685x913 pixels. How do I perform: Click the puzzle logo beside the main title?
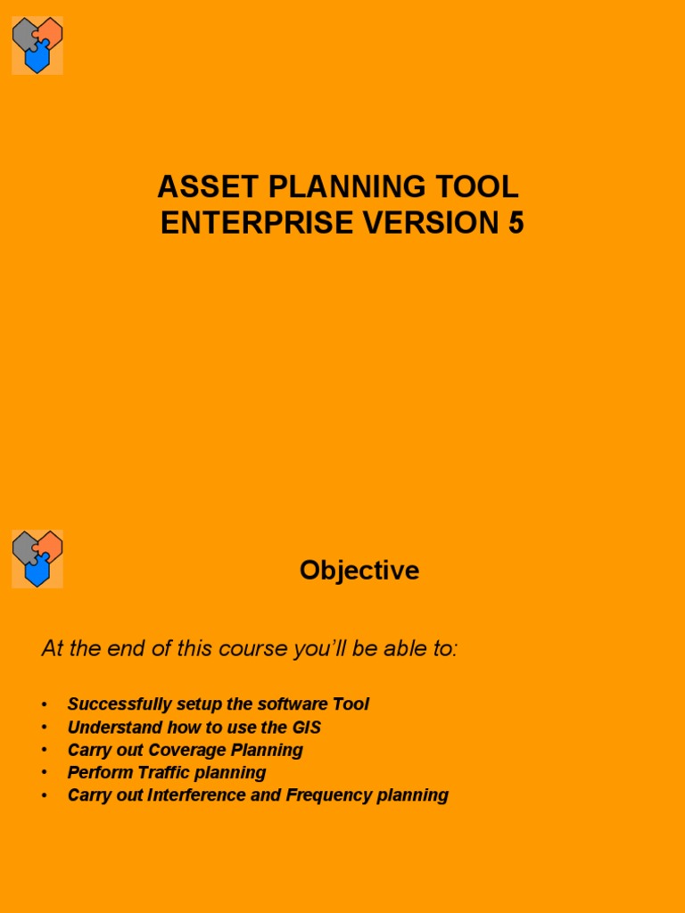37,45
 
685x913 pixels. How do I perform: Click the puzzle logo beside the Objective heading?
37,559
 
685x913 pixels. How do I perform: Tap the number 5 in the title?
516,224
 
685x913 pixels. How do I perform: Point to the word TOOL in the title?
483,187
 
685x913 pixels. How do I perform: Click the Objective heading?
359,571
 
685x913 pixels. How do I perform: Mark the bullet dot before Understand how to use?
44,728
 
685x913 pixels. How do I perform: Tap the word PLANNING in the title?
340,187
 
